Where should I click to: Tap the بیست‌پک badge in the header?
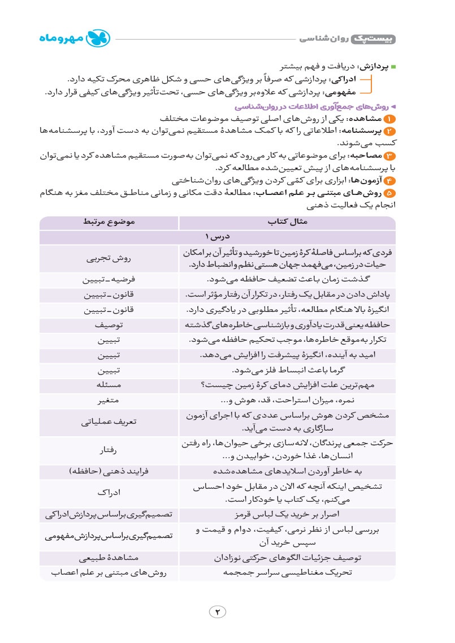374,38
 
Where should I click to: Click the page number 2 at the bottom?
218,611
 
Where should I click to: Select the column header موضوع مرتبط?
109,223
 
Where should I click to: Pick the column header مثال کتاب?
287,223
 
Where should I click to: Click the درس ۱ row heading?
218,237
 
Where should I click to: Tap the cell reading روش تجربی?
109,259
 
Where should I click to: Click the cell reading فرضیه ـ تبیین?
109,280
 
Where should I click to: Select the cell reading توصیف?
109,325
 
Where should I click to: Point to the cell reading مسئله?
109,385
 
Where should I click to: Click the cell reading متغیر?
109,401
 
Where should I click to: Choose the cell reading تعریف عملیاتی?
109,422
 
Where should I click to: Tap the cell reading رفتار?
109,450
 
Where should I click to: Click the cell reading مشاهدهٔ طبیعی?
109,558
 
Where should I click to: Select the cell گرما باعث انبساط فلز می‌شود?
287,371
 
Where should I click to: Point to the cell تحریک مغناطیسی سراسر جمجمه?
287,572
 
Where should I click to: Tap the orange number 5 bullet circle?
390,193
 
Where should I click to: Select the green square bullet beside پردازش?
394,67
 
